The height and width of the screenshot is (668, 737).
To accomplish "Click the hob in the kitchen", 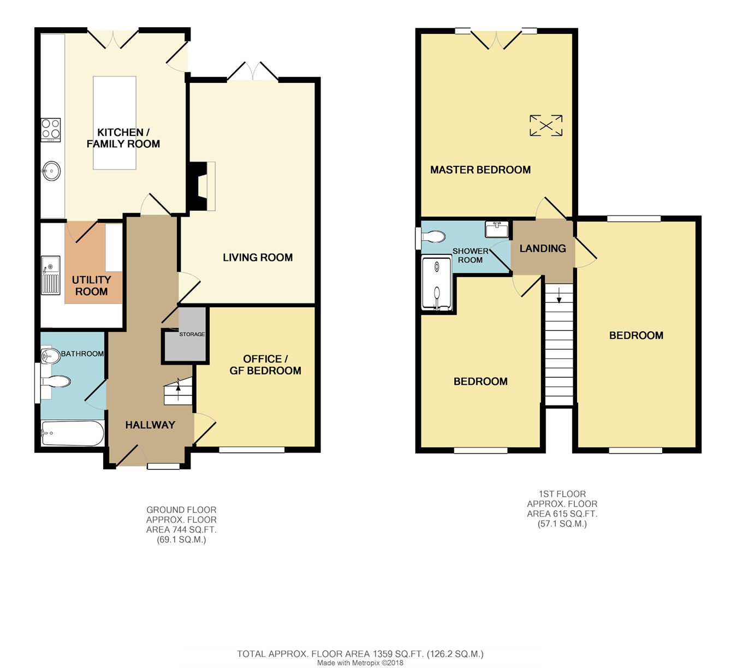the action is (x=51, y=130).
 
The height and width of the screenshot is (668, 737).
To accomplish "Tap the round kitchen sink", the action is (x=51, y=171).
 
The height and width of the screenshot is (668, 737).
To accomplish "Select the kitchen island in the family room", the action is (x=115, y=123).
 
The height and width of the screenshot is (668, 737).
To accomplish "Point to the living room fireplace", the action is (x=201, y=186).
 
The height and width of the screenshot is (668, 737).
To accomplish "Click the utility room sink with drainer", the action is (x=50, y=275).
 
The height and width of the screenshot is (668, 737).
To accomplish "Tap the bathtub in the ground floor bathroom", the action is (x=73, y=433).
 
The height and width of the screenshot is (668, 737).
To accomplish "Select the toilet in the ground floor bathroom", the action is (x=56, y=381).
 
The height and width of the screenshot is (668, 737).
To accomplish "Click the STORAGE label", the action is (x=192, y=334).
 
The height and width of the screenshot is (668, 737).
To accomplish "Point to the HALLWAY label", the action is (x=150, y=425).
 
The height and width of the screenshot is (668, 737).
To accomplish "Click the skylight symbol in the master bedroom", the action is (x=546, y=126).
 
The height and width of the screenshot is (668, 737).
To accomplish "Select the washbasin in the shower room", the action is (x=497, y=229).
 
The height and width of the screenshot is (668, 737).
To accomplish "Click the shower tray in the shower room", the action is (x=437, y=284).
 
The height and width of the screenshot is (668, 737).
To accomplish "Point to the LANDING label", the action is (x=543, y=248).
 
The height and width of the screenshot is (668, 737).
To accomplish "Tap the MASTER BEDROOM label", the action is (x=480, y=170).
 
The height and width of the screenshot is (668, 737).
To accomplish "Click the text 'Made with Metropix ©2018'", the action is (x=360, y=663).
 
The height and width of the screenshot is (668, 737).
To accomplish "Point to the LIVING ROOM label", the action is (x=258, y=257).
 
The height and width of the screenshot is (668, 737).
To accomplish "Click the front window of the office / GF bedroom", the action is (x=252, y=450).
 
